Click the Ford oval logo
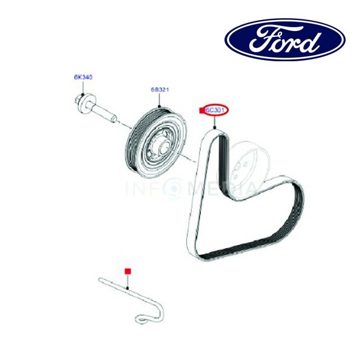(285, 40)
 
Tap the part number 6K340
(83, 77)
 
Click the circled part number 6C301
(216, 110)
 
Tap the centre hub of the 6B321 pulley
(160, 146)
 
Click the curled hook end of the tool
(143, 317)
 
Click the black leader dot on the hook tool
(127, 288)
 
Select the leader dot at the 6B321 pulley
(160, 107)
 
